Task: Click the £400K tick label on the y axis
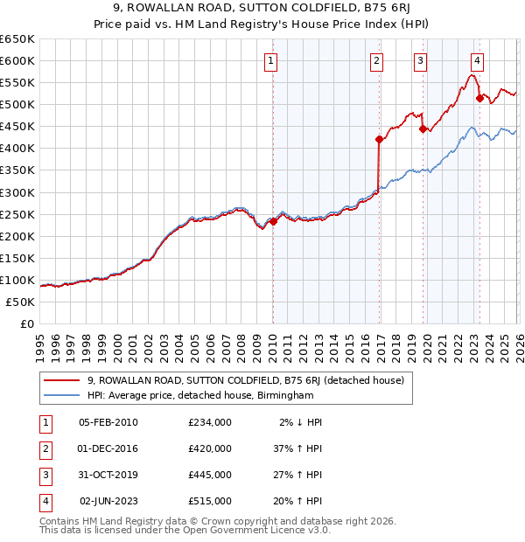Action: (x=17, y=149)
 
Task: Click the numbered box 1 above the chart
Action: (x=271, y=61)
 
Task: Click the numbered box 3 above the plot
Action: (x=421, y=61)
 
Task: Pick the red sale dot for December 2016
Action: (x=379, y=139)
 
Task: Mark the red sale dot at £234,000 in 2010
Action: (x=273, y=221)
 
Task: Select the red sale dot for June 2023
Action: (x=479, y=98)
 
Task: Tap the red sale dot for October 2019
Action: (x=423, y=129)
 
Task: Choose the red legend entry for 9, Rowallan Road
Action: (x=245, y=380)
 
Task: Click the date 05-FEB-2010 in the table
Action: (x=108, y=422)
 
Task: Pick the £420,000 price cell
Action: (x=210, y=448)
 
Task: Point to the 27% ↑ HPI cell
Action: (x=297, y=475)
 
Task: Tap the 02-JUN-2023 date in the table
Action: (x=108, y=501)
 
